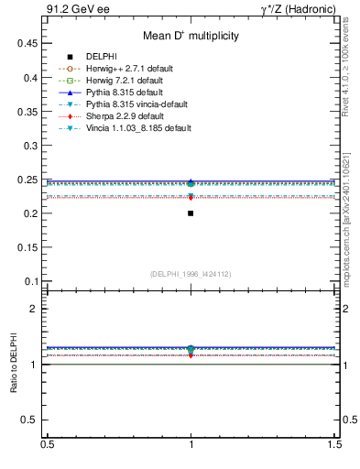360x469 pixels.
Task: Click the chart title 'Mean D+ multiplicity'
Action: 191,37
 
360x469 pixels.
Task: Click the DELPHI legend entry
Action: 102,57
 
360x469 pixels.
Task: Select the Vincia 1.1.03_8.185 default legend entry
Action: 138,128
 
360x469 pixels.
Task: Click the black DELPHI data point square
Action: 191,213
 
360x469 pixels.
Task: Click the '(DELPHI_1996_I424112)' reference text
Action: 191,274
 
